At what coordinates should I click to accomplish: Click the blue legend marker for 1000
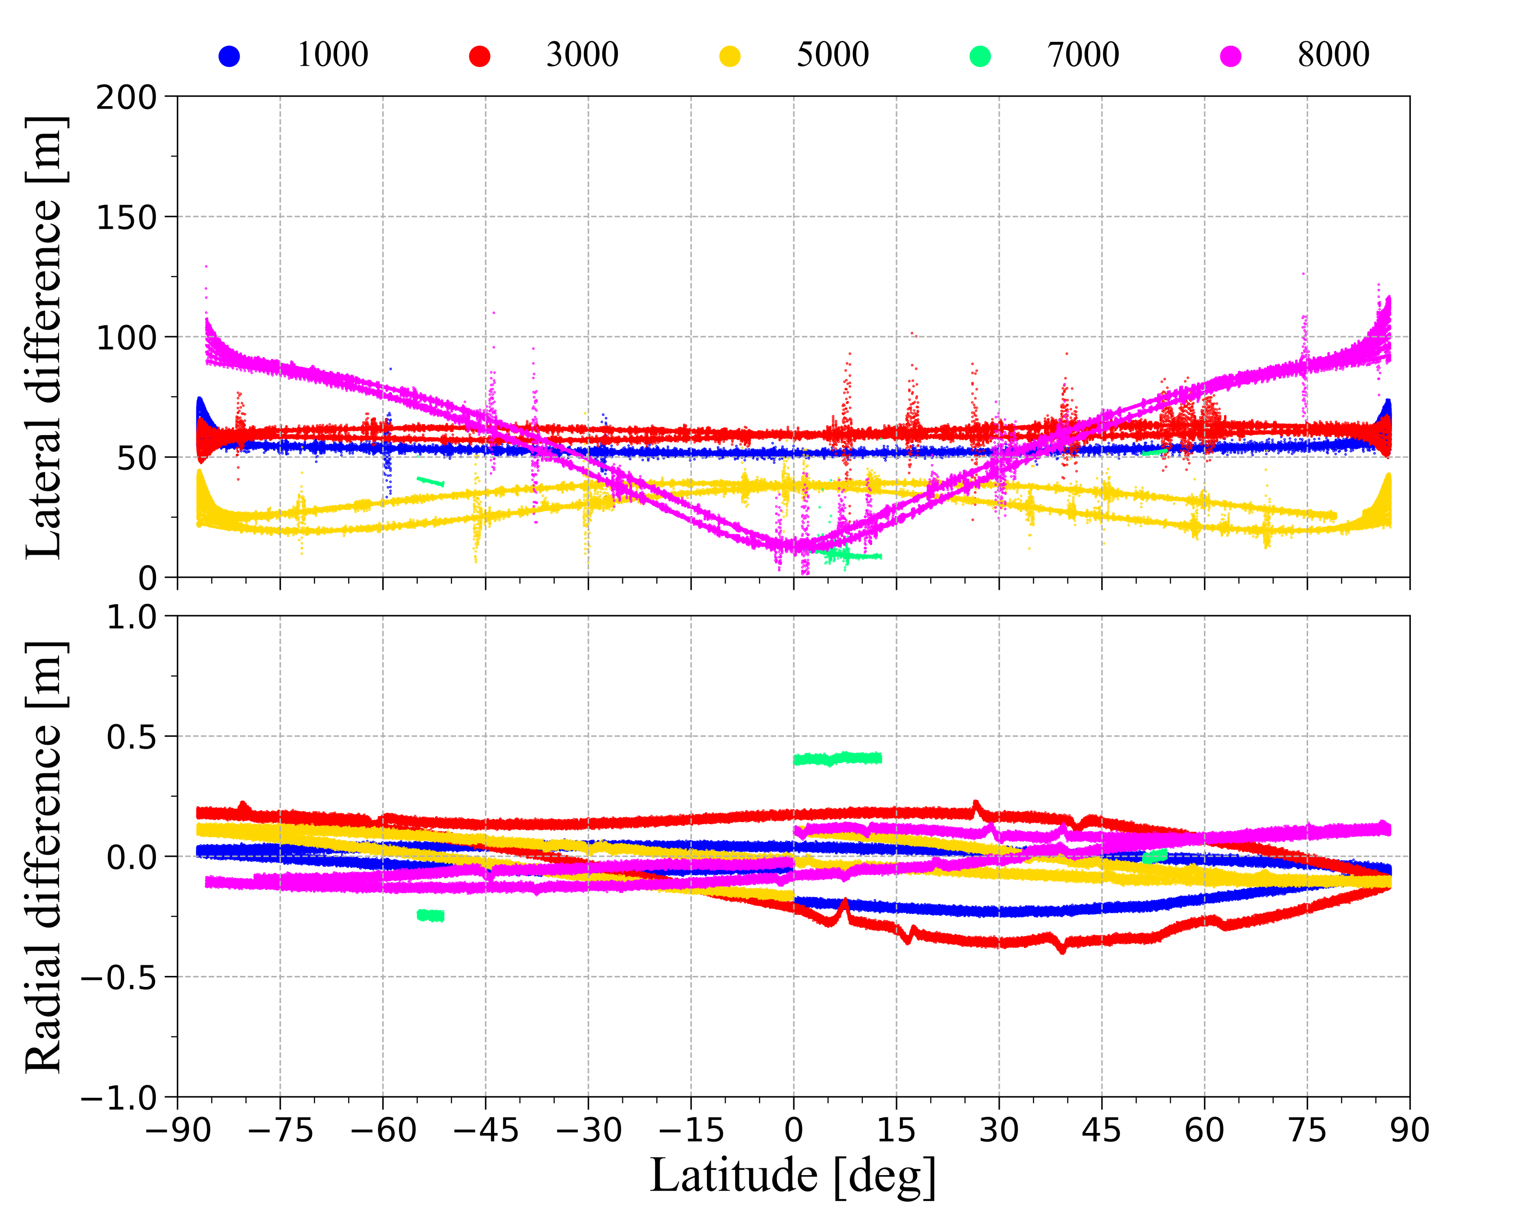[229, 56]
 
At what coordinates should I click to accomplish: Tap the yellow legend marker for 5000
[729, 56]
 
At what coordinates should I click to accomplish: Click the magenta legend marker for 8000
[1230, 56]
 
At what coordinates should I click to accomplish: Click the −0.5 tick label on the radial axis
[118, 978]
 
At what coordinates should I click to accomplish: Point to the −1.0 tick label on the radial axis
[118, 1098]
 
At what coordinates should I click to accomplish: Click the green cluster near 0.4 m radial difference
[837, 759]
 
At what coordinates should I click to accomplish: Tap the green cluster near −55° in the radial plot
[430, 915]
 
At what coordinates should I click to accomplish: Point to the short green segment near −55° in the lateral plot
[430, 482]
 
